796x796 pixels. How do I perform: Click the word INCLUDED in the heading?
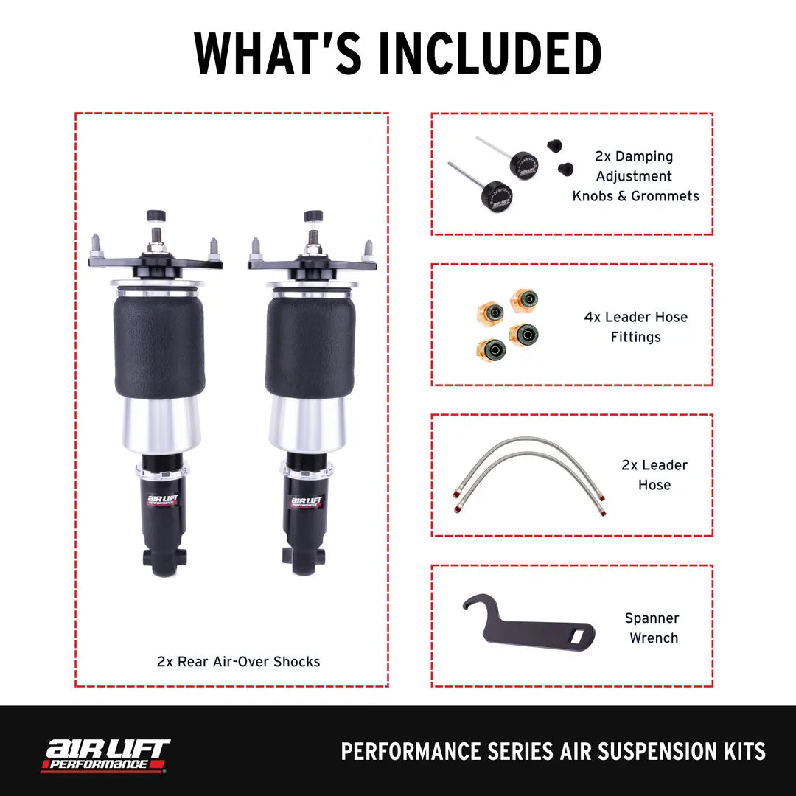click(x=492, y=54)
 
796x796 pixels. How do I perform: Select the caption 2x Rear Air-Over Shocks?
click(x=239, y=661)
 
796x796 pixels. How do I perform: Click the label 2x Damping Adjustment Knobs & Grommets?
click(x=635, y=176)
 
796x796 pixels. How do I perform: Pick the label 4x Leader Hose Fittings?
click(x=635, y=327)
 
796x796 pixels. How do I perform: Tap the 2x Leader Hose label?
click(x=654, y=475)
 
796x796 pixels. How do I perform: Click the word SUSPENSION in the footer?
click(x=649, y=752)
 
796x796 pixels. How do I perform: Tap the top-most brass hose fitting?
click(x=525, y=299)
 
